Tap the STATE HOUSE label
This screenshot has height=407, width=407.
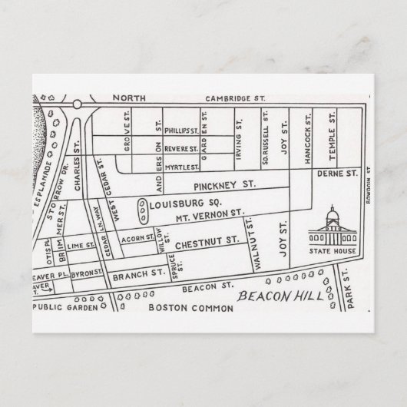coord(333,250)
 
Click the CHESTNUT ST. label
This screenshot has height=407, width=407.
coord(205,243)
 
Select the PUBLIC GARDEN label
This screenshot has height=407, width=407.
coord(66,307)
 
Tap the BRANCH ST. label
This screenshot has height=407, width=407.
coord(138,272)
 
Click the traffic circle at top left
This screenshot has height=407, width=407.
coord(78,103)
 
